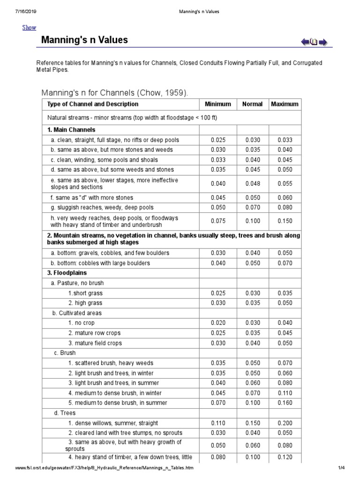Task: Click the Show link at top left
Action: (x=29, y=28)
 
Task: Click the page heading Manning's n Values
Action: (x=84, y=40)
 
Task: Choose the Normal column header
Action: (x=252, y=104)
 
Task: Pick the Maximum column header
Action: (x=285, y=104)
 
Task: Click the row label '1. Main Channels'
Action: (x=72, y=130)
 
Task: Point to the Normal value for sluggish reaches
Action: (x=252, y=208)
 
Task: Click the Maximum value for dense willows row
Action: (x=285, y=423)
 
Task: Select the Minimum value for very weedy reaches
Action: (x=218, y=221)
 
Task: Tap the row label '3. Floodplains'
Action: (x=67, y=273)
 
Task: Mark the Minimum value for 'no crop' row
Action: (x=218, y=323)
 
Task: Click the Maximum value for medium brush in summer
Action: (x=285, y=403)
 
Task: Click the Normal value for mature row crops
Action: (x=252, y=333)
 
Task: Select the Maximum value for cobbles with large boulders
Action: (x=285, y=263)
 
